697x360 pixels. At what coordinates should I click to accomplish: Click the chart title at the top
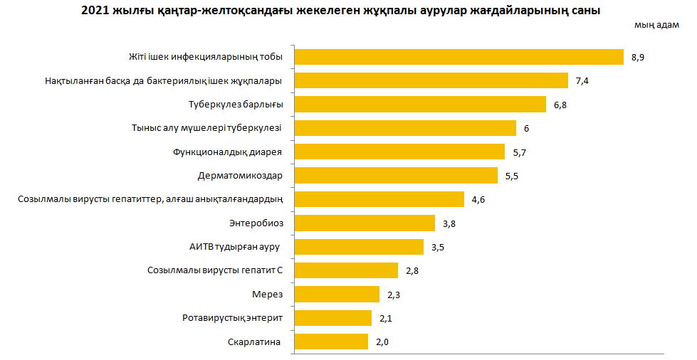click(x=341, y=11)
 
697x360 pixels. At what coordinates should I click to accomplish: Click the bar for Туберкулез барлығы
click(x=421, y=105)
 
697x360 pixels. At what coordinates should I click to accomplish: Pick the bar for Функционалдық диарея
click(x=399, y=152)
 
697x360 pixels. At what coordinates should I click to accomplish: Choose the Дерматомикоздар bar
click(x=396, y=176)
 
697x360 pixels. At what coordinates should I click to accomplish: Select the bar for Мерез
click(x=337, y=295)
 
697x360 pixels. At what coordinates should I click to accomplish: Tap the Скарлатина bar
click(x=331, y=342)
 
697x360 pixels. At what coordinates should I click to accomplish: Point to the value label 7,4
click(x=582, y=81)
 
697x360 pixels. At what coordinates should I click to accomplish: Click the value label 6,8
click(x=560, y=105)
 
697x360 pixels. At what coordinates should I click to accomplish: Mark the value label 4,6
click(x=478, y=200)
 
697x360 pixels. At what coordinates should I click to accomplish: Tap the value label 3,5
click(x=438, y=247)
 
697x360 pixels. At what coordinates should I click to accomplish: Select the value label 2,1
click(x=386, y=319)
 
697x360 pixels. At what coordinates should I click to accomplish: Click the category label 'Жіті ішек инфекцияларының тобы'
click(x=206, y=57)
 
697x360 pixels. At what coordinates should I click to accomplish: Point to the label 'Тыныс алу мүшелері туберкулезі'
click(x=207, y=129)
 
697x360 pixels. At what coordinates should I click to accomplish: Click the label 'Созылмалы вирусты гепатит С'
click(x=215, y=271)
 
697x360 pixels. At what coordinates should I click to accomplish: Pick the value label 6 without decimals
click(x=526, y=129)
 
